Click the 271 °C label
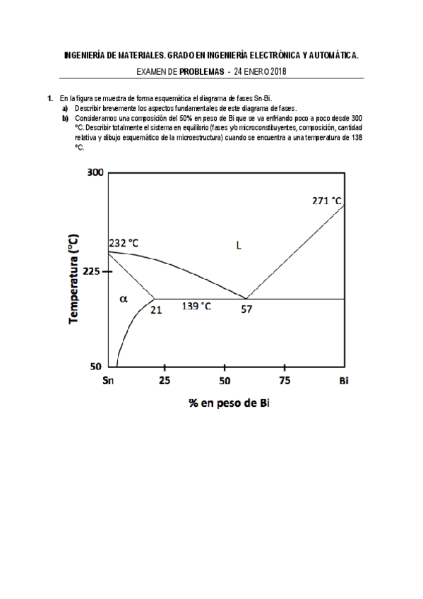pyautogui.click(x=326, y=200)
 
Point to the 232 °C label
pyautogui.click(x=124, y=243)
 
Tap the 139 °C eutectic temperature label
pyautogui.click(x=197, y=306)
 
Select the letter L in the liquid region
pyautogui.click(x=239, y=246)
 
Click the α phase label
pyautogui.click(x=124, y=298)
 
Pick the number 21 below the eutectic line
pyautogui.click(x=156, y=309)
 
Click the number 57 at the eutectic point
pyautogui.click(x=246, y=309)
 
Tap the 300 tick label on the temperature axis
pyautogui.click(x=94, y=173)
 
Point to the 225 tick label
pyautogui.click(x=94, y=272)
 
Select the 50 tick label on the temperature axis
pyautogui.click(x=97, y=367)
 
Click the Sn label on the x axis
pyautogui.click(x=109, y=381)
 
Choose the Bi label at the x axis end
pyautogui.click(x=343, y=381)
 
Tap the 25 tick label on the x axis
pyautogui.click(x=165, y=381)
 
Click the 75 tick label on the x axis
pyautogui.click(x=284, y=381)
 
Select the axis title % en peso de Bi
pyautogui.click(x=229, y=403)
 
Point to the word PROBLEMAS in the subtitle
pyautogui.click(x=203, y=71)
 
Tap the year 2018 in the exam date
pyautogui.click(x=275, y=71)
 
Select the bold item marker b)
pyautogui.click(x=64, y=118)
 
